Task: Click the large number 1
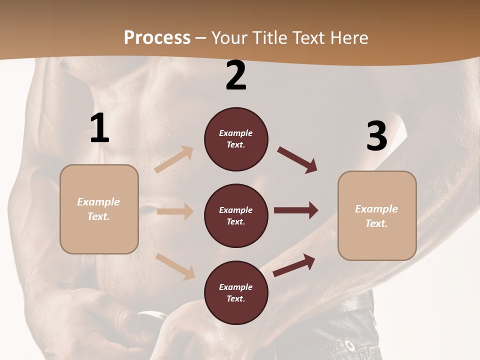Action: [x=99, y=128]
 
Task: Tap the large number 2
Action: [x=236, y=75]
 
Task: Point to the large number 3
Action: [x=376, y=136]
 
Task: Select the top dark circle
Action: [x=236, y=139]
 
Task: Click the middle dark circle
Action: [x=236, y=215]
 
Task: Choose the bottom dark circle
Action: [x=236, y=292]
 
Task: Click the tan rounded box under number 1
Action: [x=99, y=209]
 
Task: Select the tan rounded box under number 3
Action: [x=377, y=215]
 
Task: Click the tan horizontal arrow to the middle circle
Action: [x=175, y=211]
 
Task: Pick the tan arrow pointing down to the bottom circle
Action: [x=175, y=266]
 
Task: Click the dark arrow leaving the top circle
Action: [x=297, y=160]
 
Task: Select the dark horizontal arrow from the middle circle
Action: [x=296, y=210]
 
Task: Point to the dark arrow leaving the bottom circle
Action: [x=294, y=265]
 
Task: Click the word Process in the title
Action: [x=157, y=37]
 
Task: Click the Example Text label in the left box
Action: [x=98, y=209]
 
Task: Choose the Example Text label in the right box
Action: [x=376, y=216]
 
